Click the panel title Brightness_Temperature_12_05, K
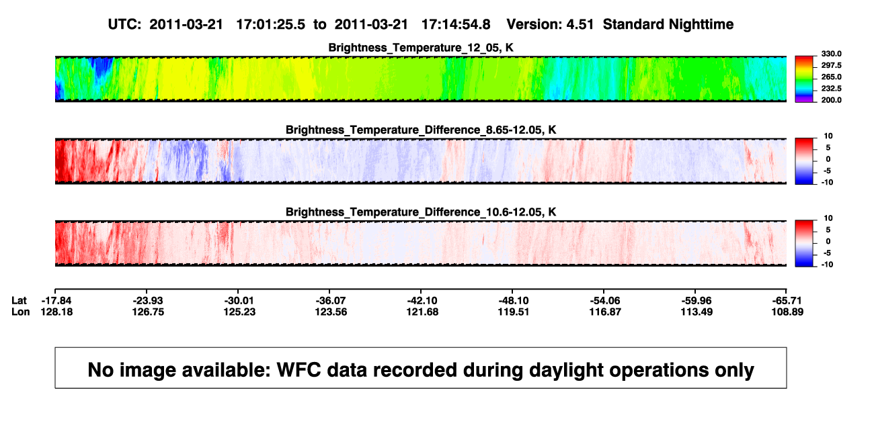click(421, 48)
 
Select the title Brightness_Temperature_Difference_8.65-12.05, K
click(421, 130)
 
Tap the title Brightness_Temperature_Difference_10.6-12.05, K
click(421, 212)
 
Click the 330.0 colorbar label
click(831, 54)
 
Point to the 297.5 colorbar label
click(831, 65)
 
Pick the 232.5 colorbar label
click(831, 89)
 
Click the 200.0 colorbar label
click(831, 100)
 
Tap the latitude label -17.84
click(56, 301)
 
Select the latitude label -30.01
click(239, 301)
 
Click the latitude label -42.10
click(422, 301)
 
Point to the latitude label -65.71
click(787, 301)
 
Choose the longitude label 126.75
click(148, 312)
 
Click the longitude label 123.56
click(331, 312)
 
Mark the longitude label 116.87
click(605, 312)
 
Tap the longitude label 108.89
click(787, 312)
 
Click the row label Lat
click(19, 301)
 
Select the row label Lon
click(20, 312)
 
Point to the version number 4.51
click(580, 25)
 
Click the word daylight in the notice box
click(566, 370)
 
